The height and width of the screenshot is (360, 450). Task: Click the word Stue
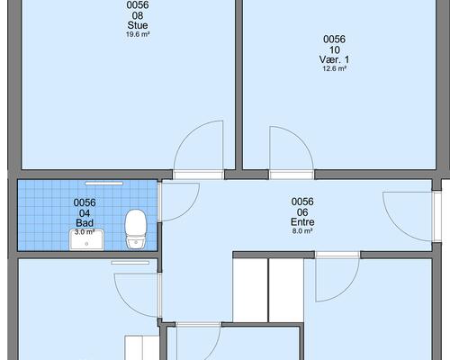pos(138,25)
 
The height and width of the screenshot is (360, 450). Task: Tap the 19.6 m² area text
pos(138,34)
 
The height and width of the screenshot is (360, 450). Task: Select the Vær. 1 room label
pos(334,59)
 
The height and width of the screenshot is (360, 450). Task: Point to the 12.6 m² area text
pos(334,68)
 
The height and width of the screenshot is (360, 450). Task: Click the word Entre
pos(302,222)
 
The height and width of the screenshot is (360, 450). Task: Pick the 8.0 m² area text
pos(302,231)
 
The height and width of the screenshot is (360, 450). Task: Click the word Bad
pos(85,223)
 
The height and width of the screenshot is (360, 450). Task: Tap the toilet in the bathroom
pos(136,229)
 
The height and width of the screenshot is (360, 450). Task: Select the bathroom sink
pos(86,239)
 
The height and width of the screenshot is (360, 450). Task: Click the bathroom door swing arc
pos(189,208)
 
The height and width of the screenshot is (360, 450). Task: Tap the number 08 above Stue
pos(138,15)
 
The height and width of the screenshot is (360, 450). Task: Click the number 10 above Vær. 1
pos(334,49)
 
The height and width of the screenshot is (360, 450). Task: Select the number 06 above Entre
pos(302,212)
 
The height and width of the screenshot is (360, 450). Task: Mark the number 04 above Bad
pos(85,213)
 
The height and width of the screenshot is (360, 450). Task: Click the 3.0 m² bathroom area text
pos(85,232)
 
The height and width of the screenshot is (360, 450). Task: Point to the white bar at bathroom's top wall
pos(103,184)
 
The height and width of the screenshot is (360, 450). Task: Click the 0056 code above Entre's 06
pos(302,202)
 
